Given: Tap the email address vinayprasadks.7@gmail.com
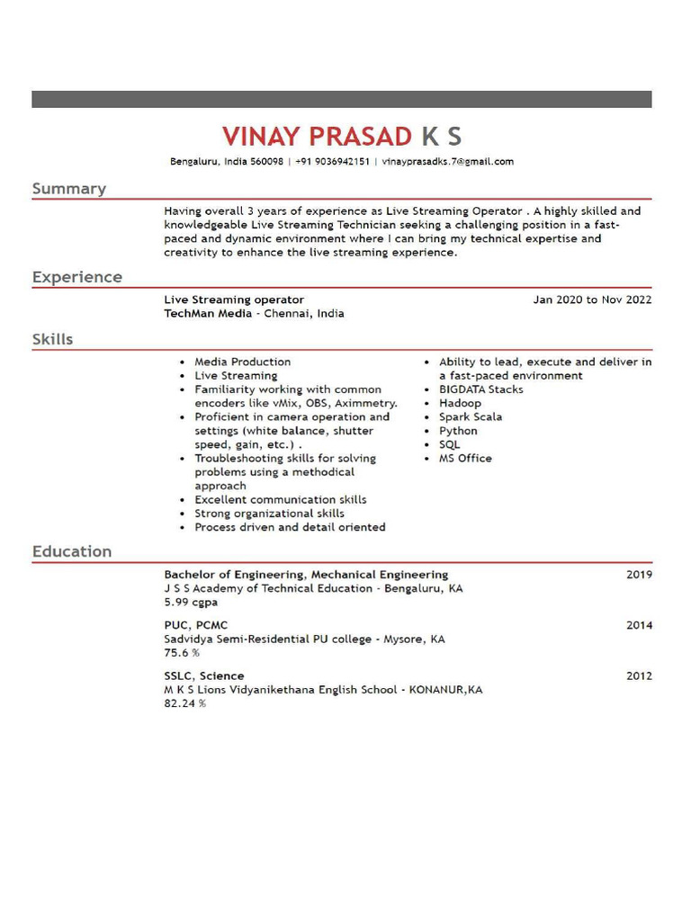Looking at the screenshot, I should tap(447, 162).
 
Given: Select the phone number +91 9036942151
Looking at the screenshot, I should tap(332, 162).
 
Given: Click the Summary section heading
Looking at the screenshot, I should tap(69, 189).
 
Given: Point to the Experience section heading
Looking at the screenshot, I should tap(77, 277).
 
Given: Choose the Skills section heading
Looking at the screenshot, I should tap(53, 339).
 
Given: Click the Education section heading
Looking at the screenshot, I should tap(72, 551).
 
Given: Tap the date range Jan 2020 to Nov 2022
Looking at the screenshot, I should tap(592, 300).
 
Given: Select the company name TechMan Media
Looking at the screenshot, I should tap(208, 314).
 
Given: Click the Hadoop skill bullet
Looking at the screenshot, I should tap(460, 403).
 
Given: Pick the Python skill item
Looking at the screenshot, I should tap(458, 431).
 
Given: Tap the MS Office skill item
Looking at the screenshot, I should tap(465, 458).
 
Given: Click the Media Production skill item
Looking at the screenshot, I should tap(243, 362).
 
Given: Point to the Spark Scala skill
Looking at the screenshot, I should tap(471, 417).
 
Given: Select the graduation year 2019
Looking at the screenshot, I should tap(639, 575).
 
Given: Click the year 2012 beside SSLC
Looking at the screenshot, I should tap(639, 675).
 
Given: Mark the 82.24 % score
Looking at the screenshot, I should tap(184, 703).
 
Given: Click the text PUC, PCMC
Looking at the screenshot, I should tap(196, 625).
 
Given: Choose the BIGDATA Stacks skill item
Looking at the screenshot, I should tap(480, 389).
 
